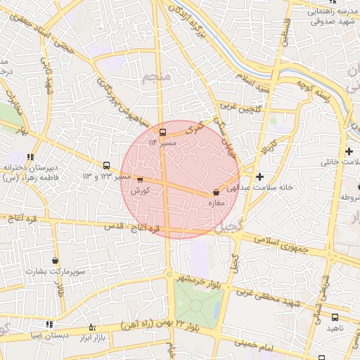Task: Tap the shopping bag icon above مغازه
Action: coord(215,192)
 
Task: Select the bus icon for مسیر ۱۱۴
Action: coord(163,131)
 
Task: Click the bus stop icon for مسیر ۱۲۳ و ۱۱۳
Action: coord(106,165)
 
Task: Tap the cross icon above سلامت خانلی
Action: coord(349,151)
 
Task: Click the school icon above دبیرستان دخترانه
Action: coord(30,157)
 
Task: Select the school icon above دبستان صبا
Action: coord(49,324)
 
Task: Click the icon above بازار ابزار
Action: coord(92,327)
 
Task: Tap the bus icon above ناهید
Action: coord(334,318)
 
